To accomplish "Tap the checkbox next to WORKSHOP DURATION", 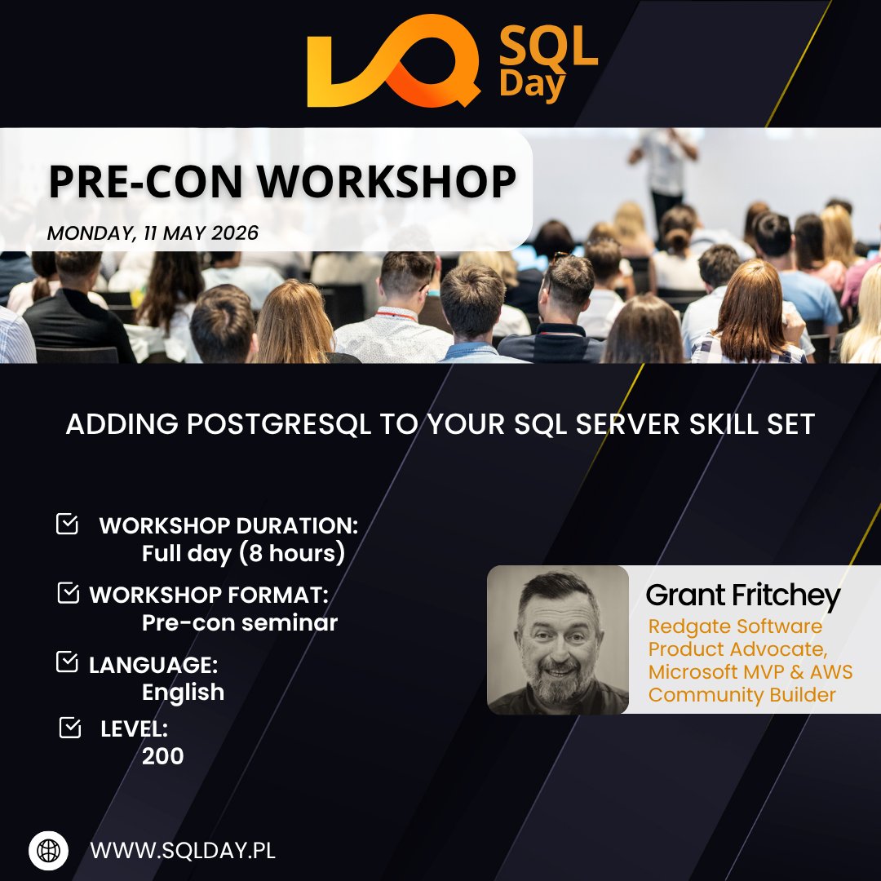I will click(67, 524).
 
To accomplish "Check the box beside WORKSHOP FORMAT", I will click(69, 593).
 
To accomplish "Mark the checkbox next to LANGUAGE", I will click(67, 662).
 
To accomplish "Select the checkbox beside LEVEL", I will click(70, 727).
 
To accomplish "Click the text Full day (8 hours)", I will click(243, 553).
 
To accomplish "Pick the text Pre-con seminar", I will click(239, 622).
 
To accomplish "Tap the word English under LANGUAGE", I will click(183, 692).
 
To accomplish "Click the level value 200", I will click(162, 756).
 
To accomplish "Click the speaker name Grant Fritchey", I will click(742, 596).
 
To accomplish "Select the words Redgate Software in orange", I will click(735, 626).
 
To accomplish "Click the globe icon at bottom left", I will click(48, 850).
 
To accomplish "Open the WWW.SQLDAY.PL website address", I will click(183, 850).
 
